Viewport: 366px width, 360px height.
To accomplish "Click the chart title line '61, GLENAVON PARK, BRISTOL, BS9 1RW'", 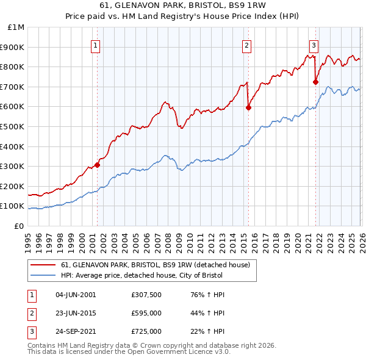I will (x=183, y=7).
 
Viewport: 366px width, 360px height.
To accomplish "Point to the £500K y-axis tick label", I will (x=13, y=127).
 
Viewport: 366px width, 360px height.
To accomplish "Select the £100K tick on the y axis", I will (x=13, y=206).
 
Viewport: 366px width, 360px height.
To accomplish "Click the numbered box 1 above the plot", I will (x=96, y=45).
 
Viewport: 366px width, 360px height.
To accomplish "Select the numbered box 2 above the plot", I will (x=246, y=45).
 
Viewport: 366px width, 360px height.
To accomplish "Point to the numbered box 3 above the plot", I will (x=314, y=45).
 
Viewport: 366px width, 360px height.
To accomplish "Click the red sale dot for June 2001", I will (x=97, y=165).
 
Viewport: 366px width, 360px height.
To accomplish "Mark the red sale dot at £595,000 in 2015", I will (x=248, y=108).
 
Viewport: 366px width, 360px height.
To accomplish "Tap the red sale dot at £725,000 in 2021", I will (x=315, y=82).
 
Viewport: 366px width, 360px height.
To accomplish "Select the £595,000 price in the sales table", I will (x=146, y=313).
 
